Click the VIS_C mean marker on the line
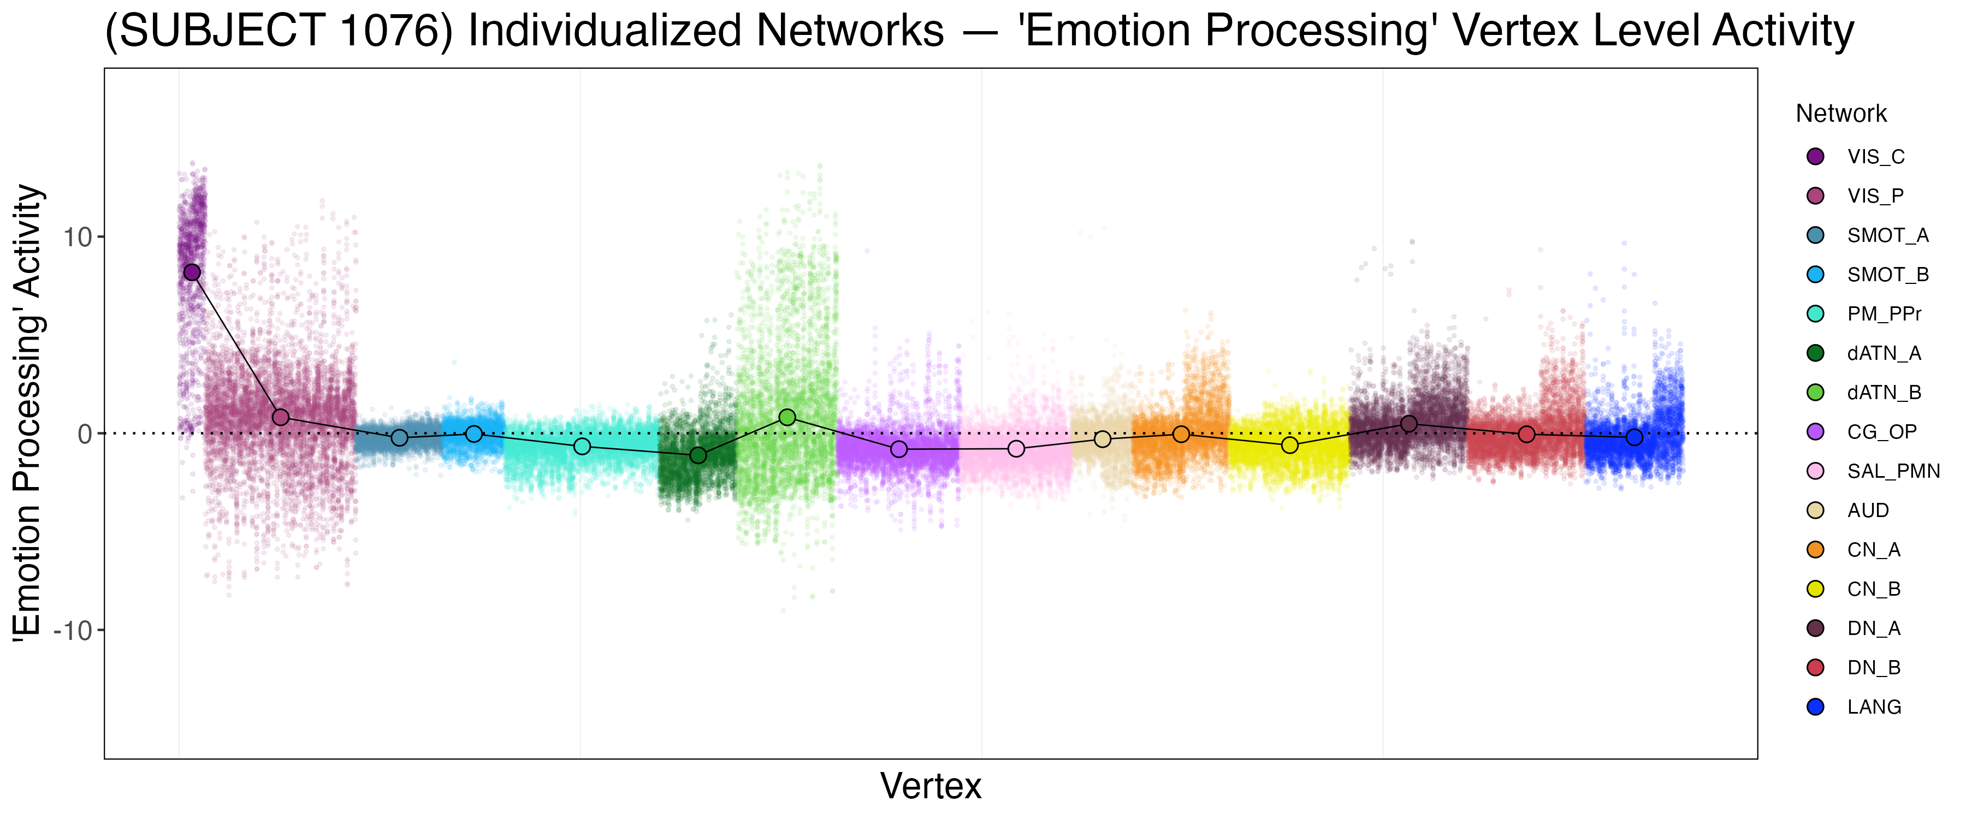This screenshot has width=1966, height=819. pyautogui.click(x=192, y=272)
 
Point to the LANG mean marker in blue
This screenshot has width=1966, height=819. pyautogui.click(x=1634, y=437)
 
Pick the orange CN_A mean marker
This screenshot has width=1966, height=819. pyautogui.click(x=1181, y=434)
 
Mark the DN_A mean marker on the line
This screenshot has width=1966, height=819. pyautogui.click(x=1409, y=424)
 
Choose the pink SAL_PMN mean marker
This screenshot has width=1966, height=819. pyautogui.click(x=1016, y=449)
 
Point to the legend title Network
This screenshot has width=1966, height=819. pyautogui.click(x=1841, y=114)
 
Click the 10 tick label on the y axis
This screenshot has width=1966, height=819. pyautogui.click(x=77, y=238)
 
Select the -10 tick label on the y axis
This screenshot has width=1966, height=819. pyautogui.click(x=73, y=631)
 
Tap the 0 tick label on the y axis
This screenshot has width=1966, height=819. pyautogui.click(x=85, y=434)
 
